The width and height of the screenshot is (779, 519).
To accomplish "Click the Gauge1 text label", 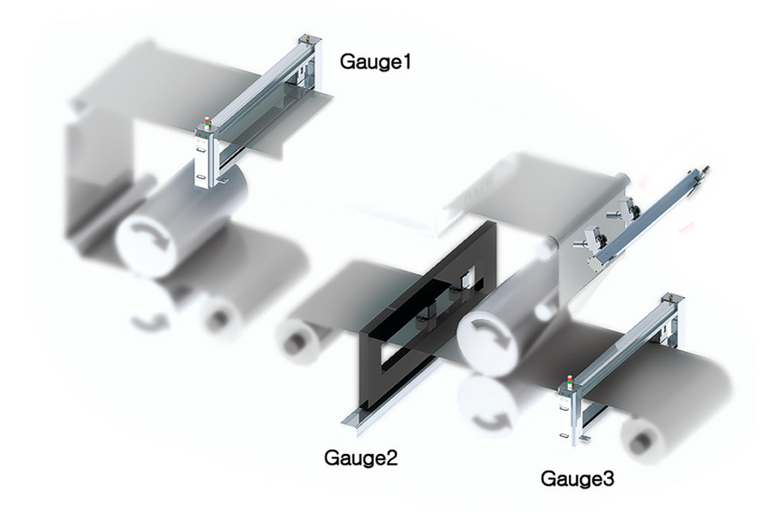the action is pyautogui.click(x=375, y=62).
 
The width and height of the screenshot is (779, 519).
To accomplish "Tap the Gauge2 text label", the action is pyautogui.click(x=360, y=457).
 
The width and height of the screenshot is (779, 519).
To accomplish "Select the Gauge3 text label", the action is pyautogui.click(x=577, y=478).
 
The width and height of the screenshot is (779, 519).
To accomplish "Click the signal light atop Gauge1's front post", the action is pyautogui.click(x=207, y=123).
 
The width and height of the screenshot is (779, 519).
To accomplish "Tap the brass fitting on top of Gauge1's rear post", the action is pyautogui.click(x=306, y=37).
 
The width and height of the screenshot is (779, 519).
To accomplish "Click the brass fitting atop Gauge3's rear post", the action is pyautogui.click(x=669, y=297).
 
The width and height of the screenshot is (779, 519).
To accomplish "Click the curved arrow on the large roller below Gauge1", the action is pyautogui.click(x=149, y=238).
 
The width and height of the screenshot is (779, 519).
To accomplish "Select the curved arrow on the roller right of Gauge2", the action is pyautogui.click(x=491, y=332).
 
